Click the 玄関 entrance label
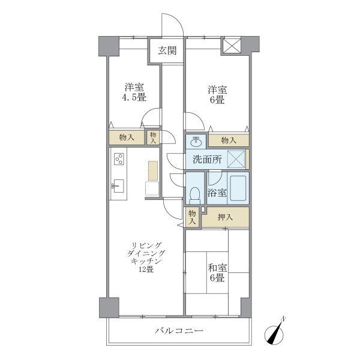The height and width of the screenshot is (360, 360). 167,51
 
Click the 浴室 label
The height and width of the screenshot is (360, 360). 217,193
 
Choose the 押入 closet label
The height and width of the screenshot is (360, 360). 224,217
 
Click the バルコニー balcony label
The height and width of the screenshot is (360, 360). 179,331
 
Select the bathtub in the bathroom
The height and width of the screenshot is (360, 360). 238,188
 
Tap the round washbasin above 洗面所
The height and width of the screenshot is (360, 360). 196,141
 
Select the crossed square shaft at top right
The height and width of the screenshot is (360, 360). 231,46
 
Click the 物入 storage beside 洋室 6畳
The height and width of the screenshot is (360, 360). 228,140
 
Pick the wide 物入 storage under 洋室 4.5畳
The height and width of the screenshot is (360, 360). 127,137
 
